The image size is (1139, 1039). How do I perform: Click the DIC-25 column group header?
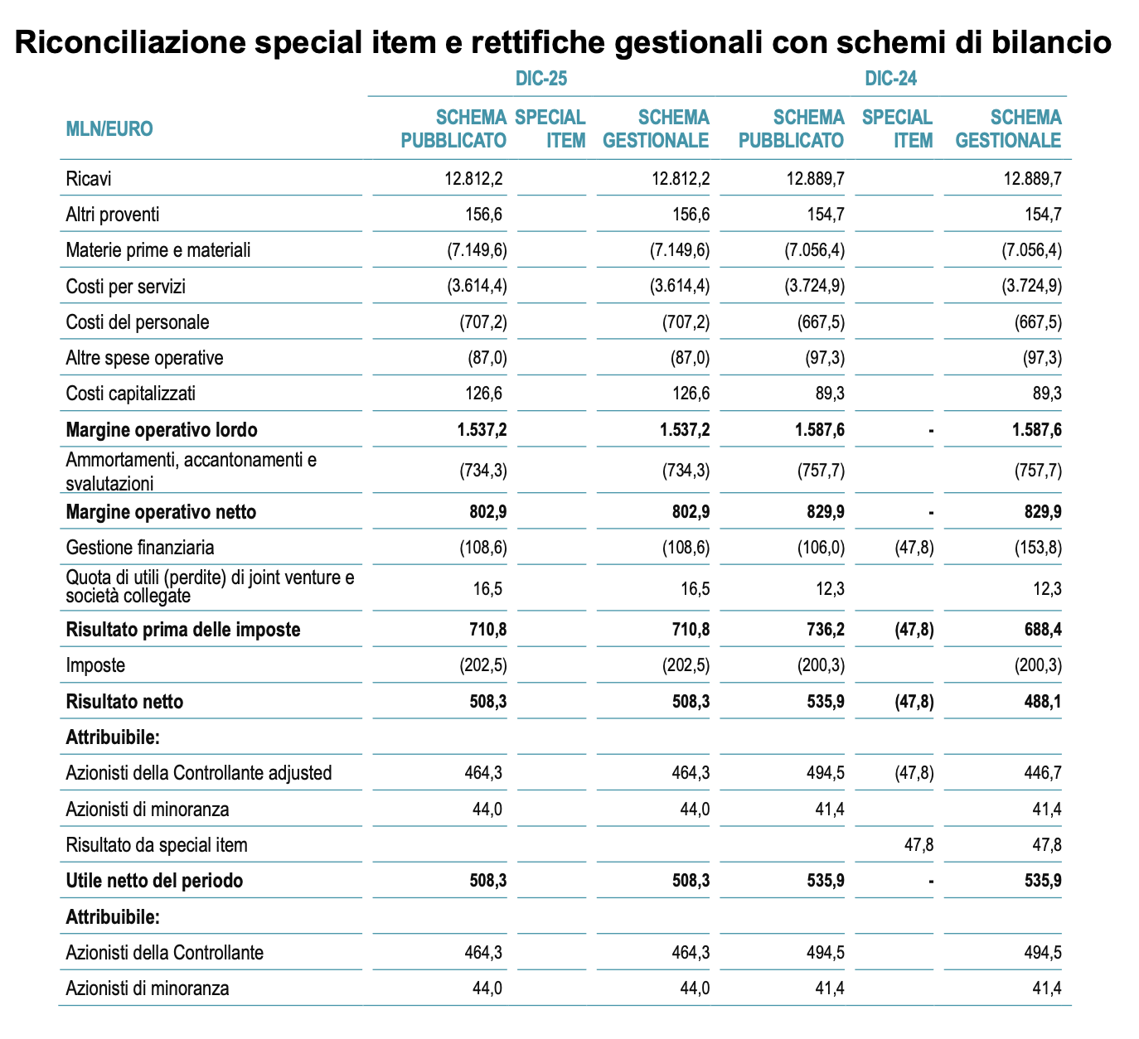(540, 79)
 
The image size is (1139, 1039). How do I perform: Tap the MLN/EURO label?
(109, 128)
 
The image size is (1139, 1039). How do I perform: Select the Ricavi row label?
(88, 178)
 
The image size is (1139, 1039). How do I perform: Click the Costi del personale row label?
(137, 321)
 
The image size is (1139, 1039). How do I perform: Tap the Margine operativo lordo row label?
(161, 430)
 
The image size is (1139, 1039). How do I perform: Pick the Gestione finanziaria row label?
(139, 548)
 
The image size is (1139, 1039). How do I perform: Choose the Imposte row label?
(95, 665)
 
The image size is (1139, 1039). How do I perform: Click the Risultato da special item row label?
(156, 845)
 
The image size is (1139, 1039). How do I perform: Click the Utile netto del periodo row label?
(154, 881)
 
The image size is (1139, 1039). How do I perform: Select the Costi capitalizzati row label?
(130, 394)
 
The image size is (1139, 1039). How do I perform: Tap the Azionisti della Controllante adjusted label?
(198, 773)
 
